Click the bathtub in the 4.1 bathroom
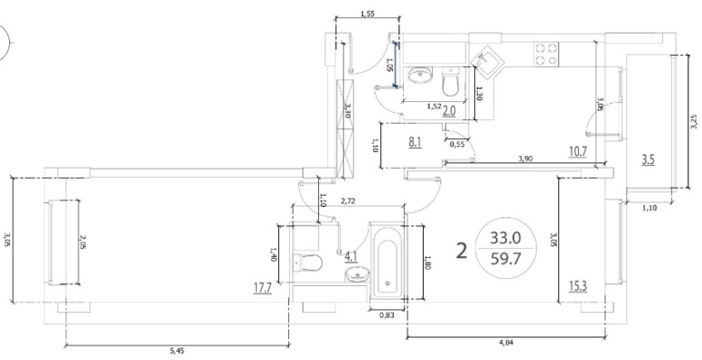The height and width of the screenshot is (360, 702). pos(387,268)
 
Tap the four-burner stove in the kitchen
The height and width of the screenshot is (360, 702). pos(546,54)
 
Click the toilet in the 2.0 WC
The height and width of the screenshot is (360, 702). pos(449,81)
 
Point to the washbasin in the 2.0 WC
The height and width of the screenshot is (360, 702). pos(420,76)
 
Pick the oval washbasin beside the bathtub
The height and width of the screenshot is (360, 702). pos(357,274)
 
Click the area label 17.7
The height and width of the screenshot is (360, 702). pos(263,287)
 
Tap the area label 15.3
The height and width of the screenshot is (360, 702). pos(578,285)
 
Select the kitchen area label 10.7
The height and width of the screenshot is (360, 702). pos(577,151)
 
